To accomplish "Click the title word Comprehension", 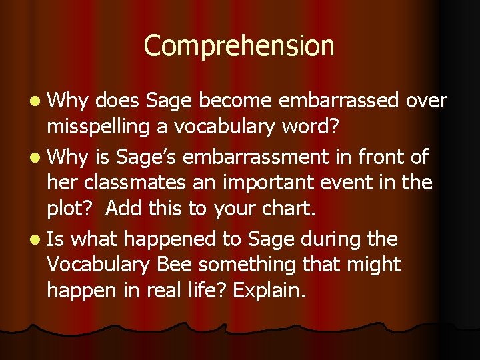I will (x=239, y=47).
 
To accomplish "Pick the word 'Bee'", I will (x=175, y=265).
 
